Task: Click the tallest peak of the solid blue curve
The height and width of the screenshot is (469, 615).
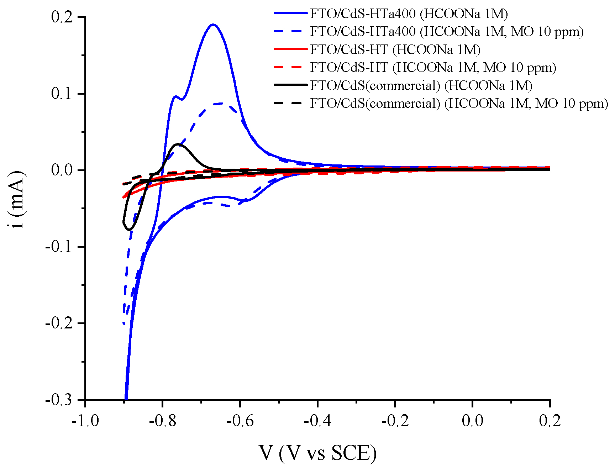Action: click(x=213, y=25)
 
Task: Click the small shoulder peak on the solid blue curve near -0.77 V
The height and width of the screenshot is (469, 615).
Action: click(x=175, y=96)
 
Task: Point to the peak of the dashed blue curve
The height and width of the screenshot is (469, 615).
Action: click(x=221, y=103)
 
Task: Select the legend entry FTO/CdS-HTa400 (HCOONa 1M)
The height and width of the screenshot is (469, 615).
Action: click(x=409, y=14)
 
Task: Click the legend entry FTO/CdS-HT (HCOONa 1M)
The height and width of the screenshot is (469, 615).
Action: click(x=395, y=49)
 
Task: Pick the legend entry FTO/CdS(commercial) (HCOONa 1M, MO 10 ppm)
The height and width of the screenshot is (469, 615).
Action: click(x=459, y=104)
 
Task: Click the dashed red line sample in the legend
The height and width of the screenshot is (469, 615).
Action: click(x=290, y=67)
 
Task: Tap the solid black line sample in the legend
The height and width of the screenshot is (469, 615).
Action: click(x=290, y=85)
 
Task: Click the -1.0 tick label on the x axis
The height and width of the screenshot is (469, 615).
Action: click(x=85, y=421)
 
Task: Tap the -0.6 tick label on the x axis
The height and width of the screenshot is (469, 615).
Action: click(x=240, y=421)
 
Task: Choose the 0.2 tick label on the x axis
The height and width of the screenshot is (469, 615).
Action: click(x=550, y=421)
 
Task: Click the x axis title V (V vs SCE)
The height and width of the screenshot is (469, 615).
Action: click(x=317, y=453)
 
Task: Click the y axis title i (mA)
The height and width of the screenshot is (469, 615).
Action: click(x=17, y=200)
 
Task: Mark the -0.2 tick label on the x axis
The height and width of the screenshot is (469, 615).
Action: click(x=395, y=421)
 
